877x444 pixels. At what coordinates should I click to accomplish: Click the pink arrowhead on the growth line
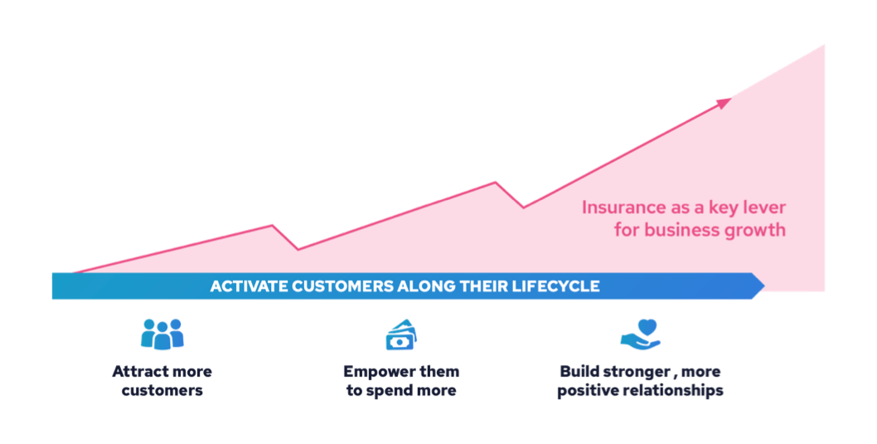(x=724, y=103)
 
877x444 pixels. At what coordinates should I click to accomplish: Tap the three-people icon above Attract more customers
(x=162, y=334)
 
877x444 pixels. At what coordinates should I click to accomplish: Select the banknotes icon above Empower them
(x=401, y=334)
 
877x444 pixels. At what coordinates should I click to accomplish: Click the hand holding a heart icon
(x=641, y=334)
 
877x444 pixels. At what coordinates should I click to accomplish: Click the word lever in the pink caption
(x=764, y=207)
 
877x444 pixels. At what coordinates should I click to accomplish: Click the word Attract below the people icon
(x=134, y=372)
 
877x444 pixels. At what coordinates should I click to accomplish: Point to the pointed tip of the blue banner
(x=764, y=286)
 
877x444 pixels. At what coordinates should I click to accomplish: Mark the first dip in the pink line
(x=298, y=250)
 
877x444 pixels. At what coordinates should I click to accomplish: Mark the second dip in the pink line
(x=524, y=207)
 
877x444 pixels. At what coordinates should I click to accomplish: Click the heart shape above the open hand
(x=647, y=327)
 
